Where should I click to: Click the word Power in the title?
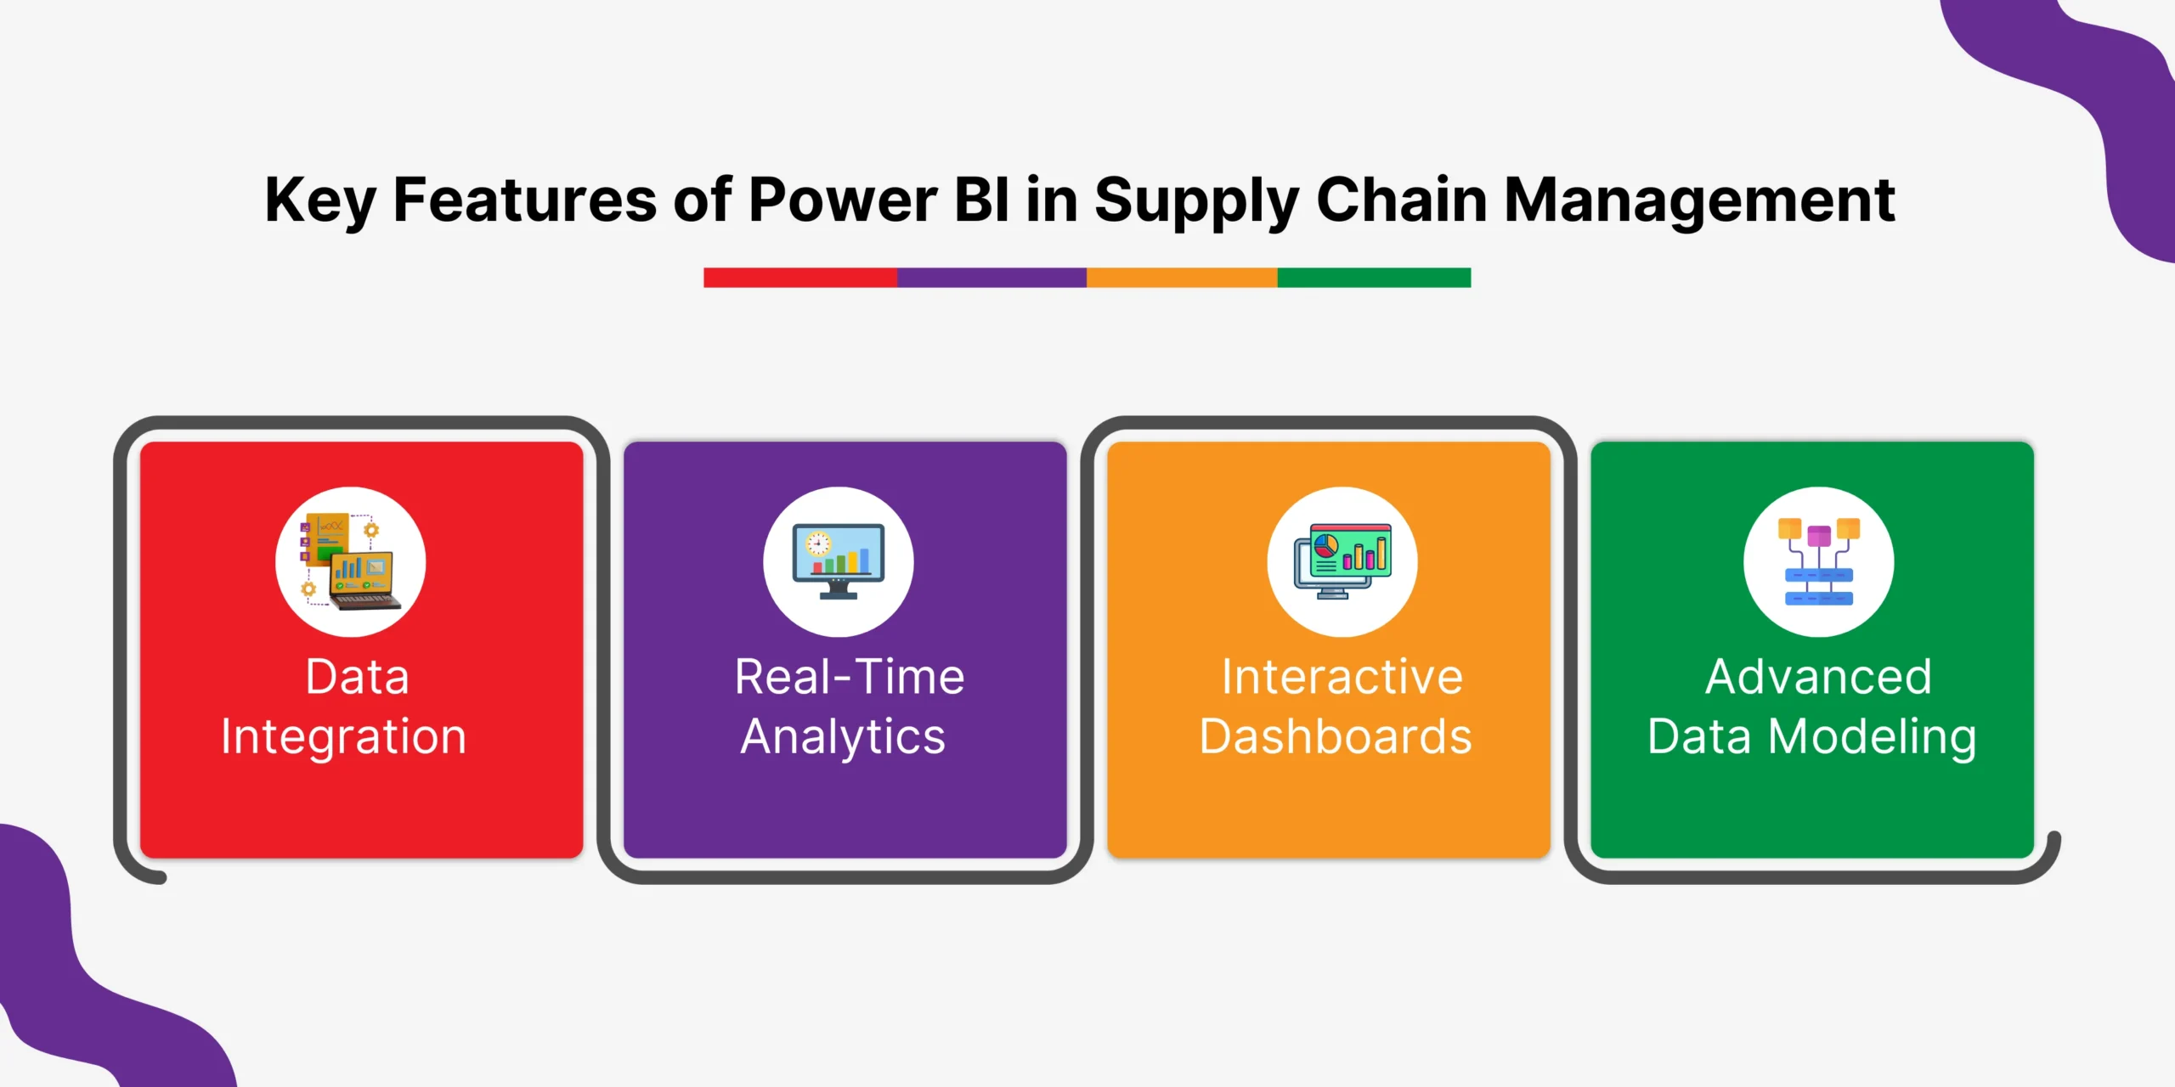coord(842,200)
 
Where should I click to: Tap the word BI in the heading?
coord(982,200)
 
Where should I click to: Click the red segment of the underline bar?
coord(800,278)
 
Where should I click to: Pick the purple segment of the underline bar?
coord(991,278)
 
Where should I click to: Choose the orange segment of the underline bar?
coord(1182,278)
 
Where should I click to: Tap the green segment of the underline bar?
coord(1374,278)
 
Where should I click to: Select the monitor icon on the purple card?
coord(839,561)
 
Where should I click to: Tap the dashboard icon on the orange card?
coord(1342,561)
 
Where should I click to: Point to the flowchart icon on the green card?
coord(1819,561)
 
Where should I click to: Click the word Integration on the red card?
coord(344,737)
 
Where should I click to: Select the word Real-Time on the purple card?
coord(850,677)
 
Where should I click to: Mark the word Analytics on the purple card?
coord(843,737)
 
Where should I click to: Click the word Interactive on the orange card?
coord(1342,677)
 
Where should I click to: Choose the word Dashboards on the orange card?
coord(1336,735)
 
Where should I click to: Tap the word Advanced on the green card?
coord(1819,677)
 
